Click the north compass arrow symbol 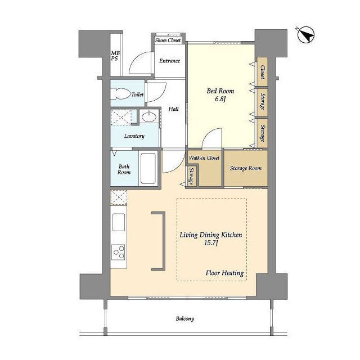pyautogui.click(x=305, y=35)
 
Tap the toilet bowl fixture pyautogui.click(x=120, y=94)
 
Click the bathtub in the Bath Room pyautogui.click(x=148, y=168)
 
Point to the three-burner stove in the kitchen pyautogui.click(x=118, y=252)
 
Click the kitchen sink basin pyautogui.click(x=119, y=222)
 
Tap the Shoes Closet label pyautogui.click(x=168, y=40)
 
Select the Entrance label pyautogui.click(x=170, y=61)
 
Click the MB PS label pyautogui.click(x=115, y=56)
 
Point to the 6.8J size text pyautogui.click(x=220, y=100)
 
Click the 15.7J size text pyautogui.click(x=211, y=243)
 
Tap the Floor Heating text pyautogui.click(x=224, y=273)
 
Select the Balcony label pyautogui.click(x=185, y=319)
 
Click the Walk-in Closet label pyautogui.click(x=204, y=158)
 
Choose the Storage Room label pyautogui.click(x=246, y=168)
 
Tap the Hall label pyautogui.click(x=174, y=109)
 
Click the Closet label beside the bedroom pyautogui.click(x=263, y=72)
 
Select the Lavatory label pyautogui.click(x=134, y=136)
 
